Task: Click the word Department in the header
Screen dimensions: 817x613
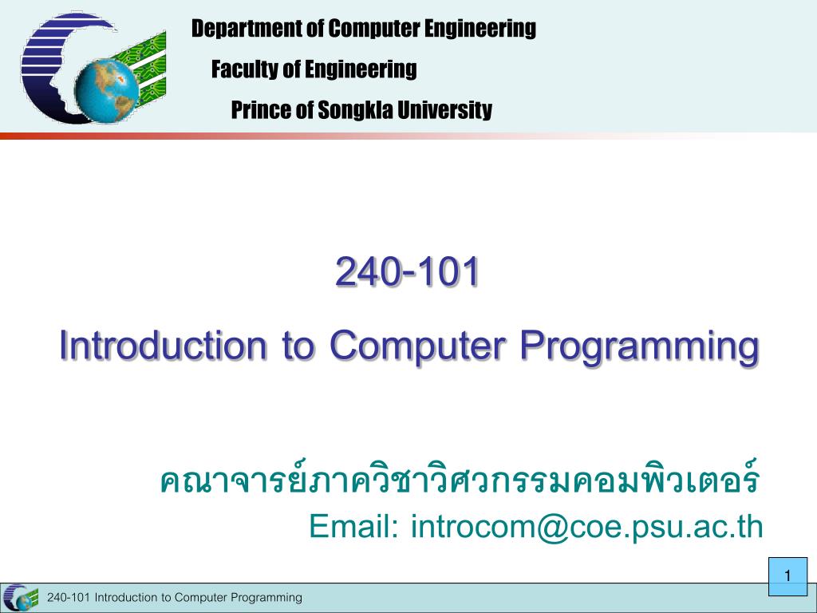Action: click(x=247, y=28)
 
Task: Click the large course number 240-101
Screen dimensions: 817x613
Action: click(x=408, y=271)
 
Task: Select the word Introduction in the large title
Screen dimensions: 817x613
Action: click(x=163, y=345)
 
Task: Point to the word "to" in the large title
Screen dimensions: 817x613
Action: click(x=298, y=346)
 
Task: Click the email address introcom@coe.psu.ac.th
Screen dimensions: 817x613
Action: click(x=586, y=528)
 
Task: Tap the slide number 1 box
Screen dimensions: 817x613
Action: click(x=787, y=576)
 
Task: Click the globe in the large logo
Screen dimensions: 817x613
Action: click(x=107, y=90)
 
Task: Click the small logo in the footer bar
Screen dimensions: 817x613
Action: click(x=21, y=597)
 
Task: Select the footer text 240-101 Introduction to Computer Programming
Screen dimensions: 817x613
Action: click(x=175, y=597)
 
